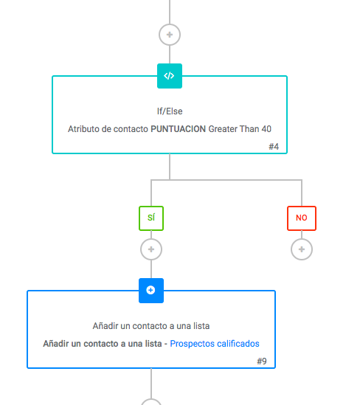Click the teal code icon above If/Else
click(170, 76)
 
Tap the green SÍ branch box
click(151, 218)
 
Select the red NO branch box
click(302, 218)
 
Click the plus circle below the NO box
click(302, 249)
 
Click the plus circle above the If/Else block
click(170, 35)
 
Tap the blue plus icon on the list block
click(151, 291)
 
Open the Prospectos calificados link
click(215, 344)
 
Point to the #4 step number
click(274, 147)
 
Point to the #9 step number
click(262, 361)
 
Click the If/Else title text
click(170, 111)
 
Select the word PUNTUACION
click(179, 129)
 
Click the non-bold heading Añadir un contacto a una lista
click(151, 326)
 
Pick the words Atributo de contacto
click(108, 129)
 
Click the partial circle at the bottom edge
click(151, 402)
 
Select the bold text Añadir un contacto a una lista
click(103, 344)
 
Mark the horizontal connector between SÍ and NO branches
click(226, 180)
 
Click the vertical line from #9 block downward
click(151, 384)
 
